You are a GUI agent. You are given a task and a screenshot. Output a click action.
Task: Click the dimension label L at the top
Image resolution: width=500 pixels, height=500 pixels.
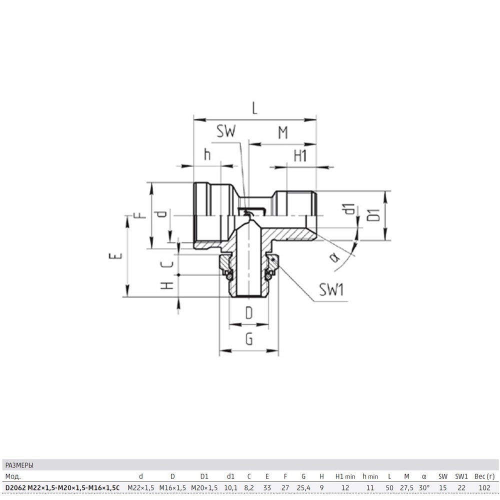tap(254, 108)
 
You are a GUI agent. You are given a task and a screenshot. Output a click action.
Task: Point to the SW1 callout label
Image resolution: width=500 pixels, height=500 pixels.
tap(331, 290)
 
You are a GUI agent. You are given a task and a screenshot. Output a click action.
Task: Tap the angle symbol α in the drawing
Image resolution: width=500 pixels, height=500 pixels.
tap(334, 256)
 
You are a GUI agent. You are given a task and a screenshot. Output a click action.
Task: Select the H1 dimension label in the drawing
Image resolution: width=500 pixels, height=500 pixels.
tap(300, 156)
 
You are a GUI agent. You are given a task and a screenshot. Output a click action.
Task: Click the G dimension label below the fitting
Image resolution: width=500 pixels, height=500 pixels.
tap(249, 338)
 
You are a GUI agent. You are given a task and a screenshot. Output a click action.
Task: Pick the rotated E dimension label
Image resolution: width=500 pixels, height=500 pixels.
tap(115, 255)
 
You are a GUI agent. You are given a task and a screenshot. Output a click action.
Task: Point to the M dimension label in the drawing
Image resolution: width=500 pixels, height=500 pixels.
tap(283, 132)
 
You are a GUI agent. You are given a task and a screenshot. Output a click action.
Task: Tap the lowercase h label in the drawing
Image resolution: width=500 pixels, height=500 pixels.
tap(207, 154)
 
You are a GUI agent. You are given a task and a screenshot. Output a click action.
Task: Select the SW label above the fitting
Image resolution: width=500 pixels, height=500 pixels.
tap(226, 130)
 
